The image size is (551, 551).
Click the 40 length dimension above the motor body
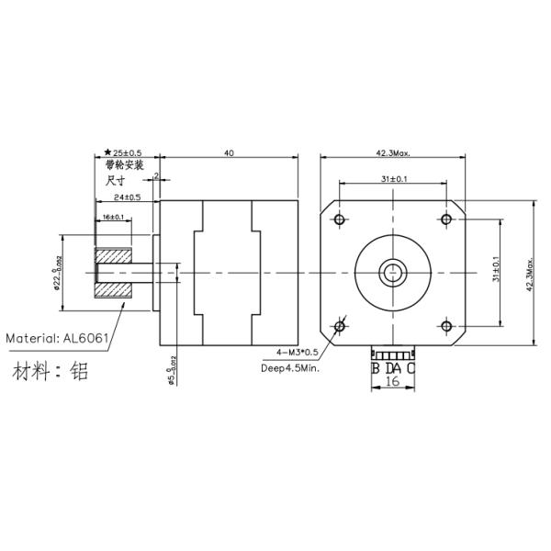tap(229, 153)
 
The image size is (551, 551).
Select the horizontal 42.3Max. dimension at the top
tap(392, 153)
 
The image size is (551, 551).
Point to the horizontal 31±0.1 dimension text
tap(393, 179)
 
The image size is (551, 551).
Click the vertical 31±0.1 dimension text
tap(497, 272)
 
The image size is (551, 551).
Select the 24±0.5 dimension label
tap(127, 197)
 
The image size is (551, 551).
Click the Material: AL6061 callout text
tap(58, 338)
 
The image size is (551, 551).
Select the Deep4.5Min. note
tap(291, 367)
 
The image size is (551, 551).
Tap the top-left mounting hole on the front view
tap(341, 219)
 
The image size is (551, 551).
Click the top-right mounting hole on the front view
tap(446, 219)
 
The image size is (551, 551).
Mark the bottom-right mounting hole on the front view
tap(446, 325)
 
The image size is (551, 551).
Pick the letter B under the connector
tap(375, 368)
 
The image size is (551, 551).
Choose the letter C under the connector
tap(410, 368)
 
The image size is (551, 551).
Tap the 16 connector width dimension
tap(392, 382)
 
